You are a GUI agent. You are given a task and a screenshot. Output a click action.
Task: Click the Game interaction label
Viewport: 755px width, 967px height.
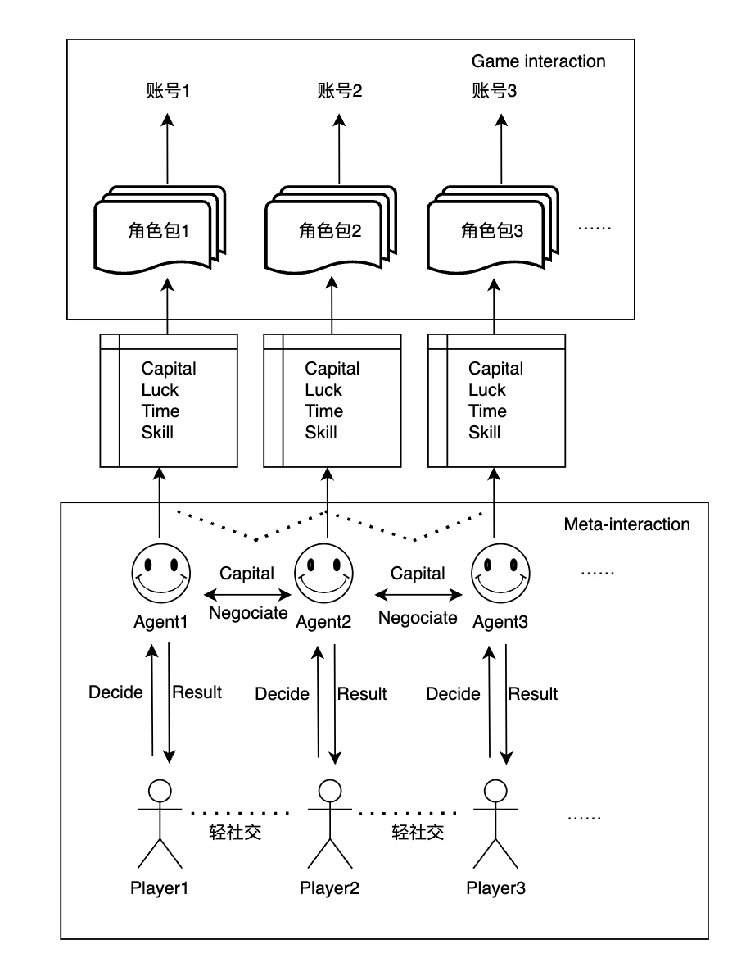pyautogui.click(x=538, y=61)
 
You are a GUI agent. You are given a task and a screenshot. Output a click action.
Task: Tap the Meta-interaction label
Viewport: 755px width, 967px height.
pyautogui.click(x=626, y=524)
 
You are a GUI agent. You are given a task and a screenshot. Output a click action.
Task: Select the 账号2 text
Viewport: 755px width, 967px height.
pyautogui.click(x=339, y=91)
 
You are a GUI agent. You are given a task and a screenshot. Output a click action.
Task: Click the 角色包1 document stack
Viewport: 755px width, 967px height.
pyautogui.click(x=160, y=232)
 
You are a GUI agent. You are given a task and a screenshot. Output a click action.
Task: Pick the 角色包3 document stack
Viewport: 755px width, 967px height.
pyautogui.click(x=491, y=232)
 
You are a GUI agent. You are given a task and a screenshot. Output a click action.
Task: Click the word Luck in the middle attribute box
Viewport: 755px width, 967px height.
pyautogui.click(x=323, y=390)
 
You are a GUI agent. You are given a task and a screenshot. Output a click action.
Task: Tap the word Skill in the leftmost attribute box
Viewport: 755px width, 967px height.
pyautogui.click(x=157, y=433)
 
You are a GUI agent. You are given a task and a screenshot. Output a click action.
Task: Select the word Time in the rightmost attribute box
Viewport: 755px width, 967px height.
pyautogui.click(x=487, y=411)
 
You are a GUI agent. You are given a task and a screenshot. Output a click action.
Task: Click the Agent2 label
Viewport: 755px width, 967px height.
pyautogui.click(x=323, y=622)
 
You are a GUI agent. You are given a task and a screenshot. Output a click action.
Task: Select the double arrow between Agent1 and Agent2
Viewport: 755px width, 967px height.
pyautogui.click(x=247, y=594)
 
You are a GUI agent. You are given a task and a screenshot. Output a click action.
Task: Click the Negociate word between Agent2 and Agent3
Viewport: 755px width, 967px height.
pyautogui.click(x=418, y=618)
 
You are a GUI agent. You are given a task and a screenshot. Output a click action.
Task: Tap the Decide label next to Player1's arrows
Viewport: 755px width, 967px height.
pyautogui.click(x=115, y=692)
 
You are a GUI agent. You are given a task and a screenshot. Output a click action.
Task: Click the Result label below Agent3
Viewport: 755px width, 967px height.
pyautogui.click(x=533, y=694)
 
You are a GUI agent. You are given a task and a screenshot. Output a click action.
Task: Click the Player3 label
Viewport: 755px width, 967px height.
pyautogui.click(x=496, y=888)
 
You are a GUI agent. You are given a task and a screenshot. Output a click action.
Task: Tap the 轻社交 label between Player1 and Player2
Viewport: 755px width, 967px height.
pyautogui.click(x=236, y=833)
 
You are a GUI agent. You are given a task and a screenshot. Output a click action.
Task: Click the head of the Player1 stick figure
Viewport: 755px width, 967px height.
pyautogui.click(x=160, y=791)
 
